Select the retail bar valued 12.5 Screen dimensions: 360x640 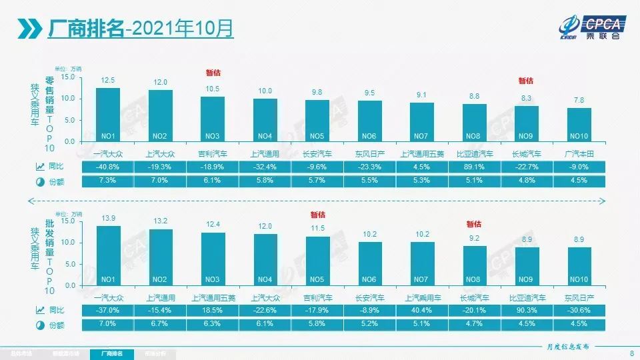tap(108, 115)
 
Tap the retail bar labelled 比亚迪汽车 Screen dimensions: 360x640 tap(475, 123)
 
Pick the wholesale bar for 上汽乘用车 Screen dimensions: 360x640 tap(422, 263)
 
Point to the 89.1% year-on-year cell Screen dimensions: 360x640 tap(475, 167)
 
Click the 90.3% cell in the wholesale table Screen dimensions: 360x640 tap(527, 310)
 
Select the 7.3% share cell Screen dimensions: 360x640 tap(108, 181)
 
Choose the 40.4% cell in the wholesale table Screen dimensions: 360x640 tap(422, 310)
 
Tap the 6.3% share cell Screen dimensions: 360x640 tap(213, 324)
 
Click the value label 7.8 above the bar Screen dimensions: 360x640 tap(579, 100)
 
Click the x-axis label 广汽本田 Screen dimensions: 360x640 tap(579, 153)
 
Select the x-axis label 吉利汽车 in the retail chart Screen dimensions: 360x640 tap(213, 153)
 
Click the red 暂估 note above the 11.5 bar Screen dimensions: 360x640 tap(317, 215)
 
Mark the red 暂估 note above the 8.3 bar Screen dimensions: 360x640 tap(526, 81)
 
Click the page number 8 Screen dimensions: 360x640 tap(631, 353)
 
